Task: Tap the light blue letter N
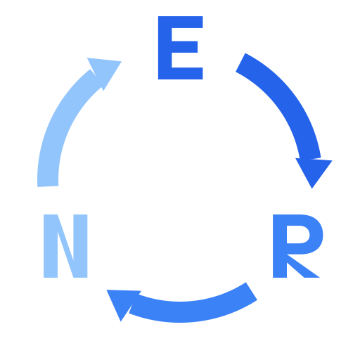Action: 65,246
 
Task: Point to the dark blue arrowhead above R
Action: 314,171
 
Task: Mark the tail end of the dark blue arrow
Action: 240,63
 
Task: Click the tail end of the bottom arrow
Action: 252,291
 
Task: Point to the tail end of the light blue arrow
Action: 48,186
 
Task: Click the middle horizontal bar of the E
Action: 184,47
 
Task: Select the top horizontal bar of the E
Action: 181,22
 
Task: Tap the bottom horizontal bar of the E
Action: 181,73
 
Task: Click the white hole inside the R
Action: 297,235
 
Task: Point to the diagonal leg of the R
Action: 303,266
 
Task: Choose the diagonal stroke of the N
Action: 65,246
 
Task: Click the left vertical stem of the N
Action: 51,246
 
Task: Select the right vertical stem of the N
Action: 80,246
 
